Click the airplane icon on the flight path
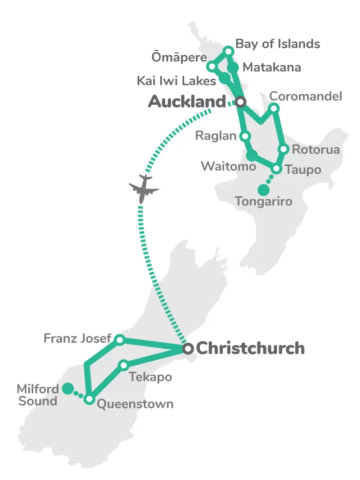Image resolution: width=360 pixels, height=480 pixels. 144,188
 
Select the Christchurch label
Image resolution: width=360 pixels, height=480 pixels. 251,348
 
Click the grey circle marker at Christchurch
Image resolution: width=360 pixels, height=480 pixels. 188,348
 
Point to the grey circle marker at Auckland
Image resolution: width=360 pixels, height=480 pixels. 241,102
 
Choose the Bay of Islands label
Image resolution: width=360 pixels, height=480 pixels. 278,44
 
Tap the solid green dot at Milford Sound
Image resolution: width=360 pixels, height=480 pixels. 67,388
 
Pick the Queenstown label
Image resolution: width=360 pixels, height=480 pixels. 135,404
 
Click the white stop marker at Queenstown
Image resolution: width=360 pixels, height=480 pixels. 90,399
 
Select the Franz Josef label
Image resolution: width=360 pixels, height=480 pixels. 77,338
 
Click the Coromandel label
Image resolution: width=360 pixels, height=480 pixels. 306,96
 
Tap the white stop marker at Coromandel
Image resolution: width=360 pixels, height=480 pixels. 274,108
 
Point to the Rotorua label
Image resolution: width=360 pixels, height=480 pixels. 316,149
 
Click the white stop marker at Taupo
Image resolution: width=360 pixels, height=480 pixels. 277,169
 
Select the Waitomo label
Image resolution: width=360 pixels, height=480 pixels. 229,166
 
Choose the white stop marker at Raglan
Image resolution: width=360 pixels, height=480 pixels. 245,136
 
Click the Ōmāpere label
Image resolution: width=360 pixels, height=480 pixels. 179,58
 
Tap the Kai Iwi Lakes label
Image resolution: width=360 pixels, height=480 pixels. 176,81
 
